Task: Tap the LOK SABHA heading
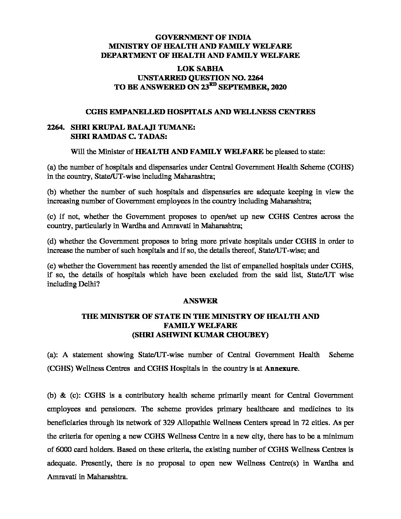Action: point(200,69)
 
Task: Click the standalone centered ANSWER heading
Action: point(200,301)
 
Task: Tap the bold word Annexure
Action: point(281,369)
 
